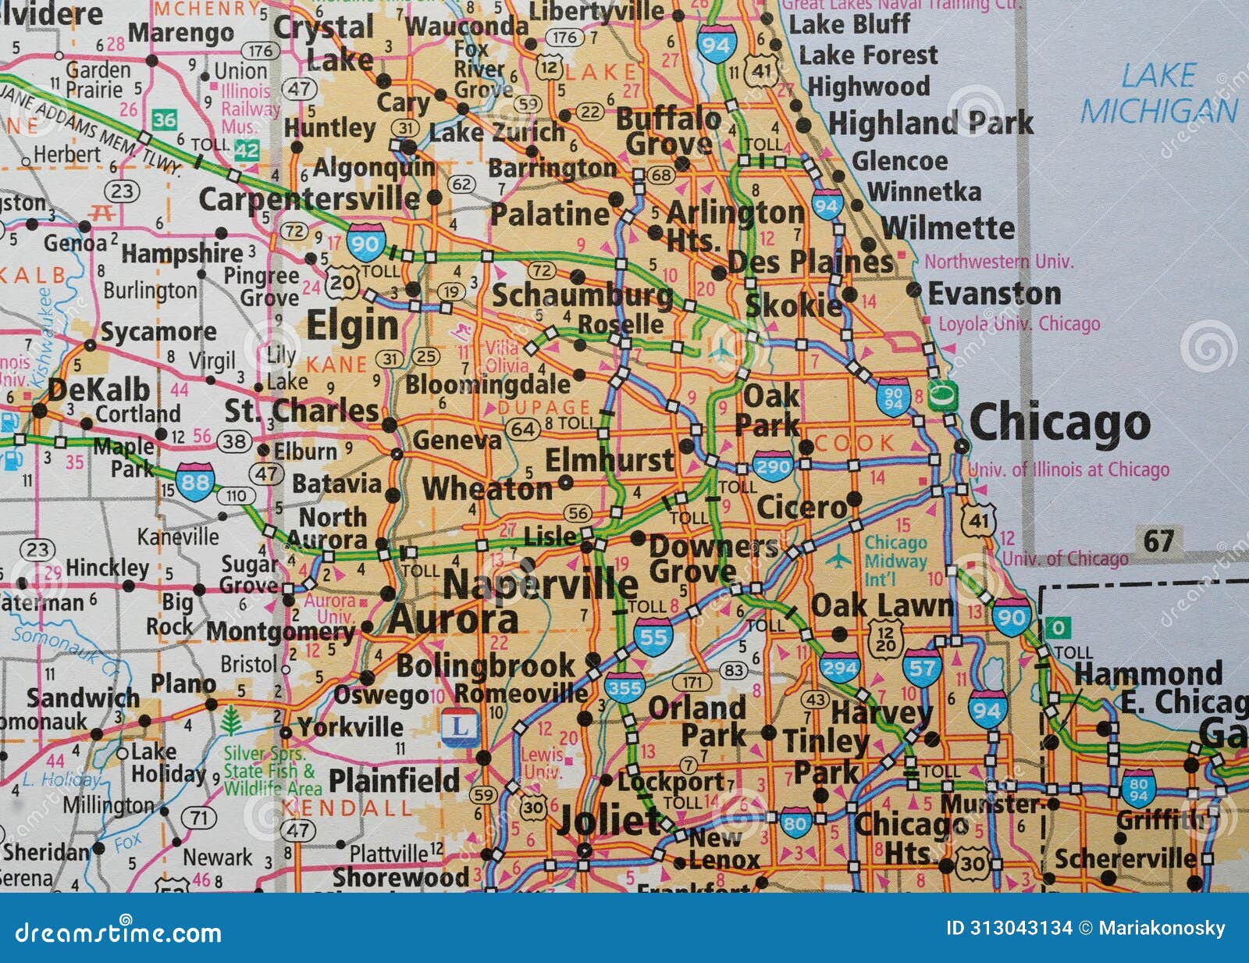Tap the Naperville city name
pyautogui.click(x=540, y=584)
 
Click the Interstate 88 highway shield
pyautogui.click(x=194, y=482)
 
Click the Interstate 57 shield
pyautogui.click(x=921, y=669)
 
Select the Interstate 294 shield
pyautogui.click(x=839, y=668)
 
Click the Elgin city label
pyautogui.click(x=352, y=326)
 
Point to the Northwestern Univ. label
pyautogui.click(x=998, y=262)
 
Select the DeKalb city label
pyautogui.click(x=98, y=389)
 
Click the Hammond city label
pyautogui.click(x=1148, y=673)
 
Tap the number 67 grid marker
pyautogui.click(x=1158, y=540)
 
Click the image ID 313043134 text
pyautogui.click(x=1009, y=928)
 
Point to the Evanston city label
pyautogui.click(x=994, y=294)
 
